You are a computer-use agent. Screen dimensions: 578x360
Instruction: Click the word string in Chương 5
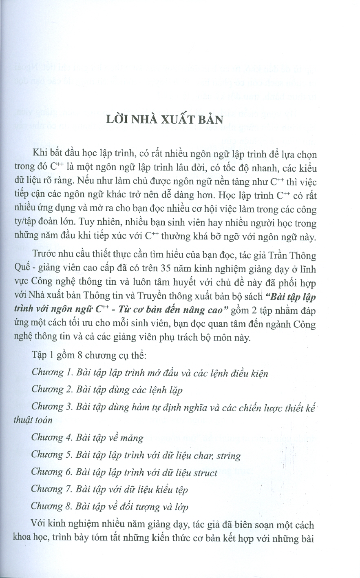coord(229,456)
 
